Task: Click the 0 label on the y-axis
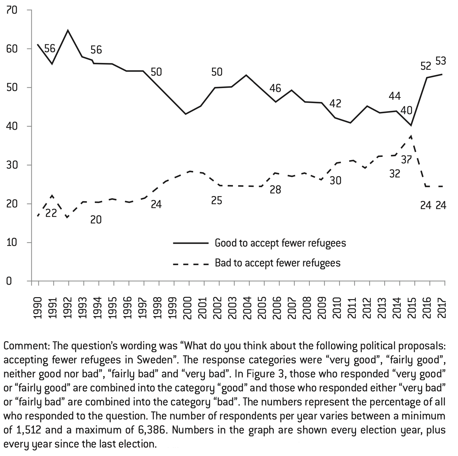pyautogui.click(x=9, y=281)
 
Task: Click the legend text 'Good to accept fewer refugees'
pyautogui.click(x=280, y=243)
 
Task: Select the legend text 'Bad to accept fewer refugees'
pyautogui.click(x=278, y=263)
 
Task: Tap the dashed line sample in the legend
pyautogui.click(x=190, y=264)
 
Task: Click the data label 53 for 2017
pyautogui.click(x=440, y=61)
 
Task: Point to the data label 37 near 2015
pyautogui.click(x=407, y=160)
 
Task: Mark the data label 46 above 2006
pyautogui.click(x=275, y=88)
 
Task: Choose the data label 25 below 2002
pyautogui.click(x=217, y=200)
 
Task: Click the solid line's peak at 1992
pyautogui.click(x=68, y=30)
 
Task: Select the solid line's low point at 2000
pyautogui.click(x=185, y=114)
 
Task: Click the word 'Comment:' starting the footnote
pyautogui.click(x=26, y=345)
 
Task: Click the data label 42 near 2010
pyautogui.click(x=335, y=103)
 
